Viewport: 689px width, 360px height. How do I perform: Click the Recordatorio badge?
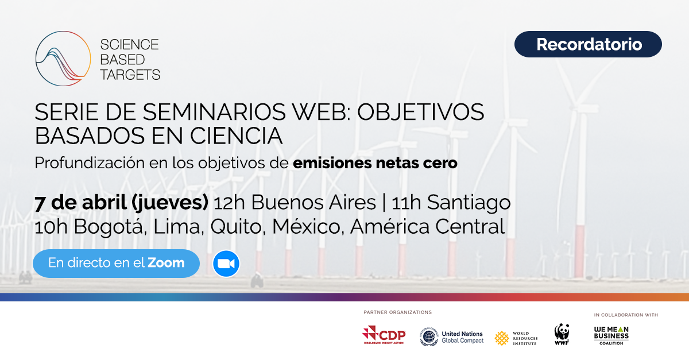pos(588,44)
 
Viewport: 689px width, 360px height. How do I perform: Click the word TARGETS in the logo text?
pos(130,75)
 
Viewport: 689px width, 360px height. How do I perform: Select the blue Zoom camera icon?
pos(226,264)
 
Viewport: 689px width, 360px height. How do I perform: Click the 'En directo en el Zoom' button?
pos(116,264)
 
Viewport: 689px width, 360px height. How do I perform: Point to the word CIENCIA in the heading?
pos(236,136)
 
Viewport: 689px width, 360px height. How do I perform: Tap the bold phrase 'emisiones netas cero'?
pos(375,162)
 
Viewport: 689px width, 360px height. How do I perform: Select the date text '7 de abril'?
pos(80,203)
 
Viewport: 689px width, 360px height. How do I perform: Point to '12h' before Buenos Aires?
pos(229,203)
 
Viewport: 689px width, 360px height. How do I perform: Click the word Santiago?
pos(469,203)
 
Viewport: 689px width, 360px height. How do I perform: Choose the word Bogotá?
pos(108,227)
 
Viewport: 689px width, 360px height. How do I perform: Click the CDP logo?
pos(384,335)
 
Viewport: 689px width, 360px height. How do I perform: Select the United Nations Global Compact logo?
pos(451,337)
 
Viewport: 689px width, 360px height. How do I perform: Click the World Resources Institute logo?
pos(516,338)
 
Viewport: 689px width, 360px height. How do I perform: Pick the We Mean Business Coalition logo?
pos(611,335)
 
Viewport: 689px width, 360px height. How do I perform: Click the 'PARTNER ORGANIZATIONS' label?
pos(397,312)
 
